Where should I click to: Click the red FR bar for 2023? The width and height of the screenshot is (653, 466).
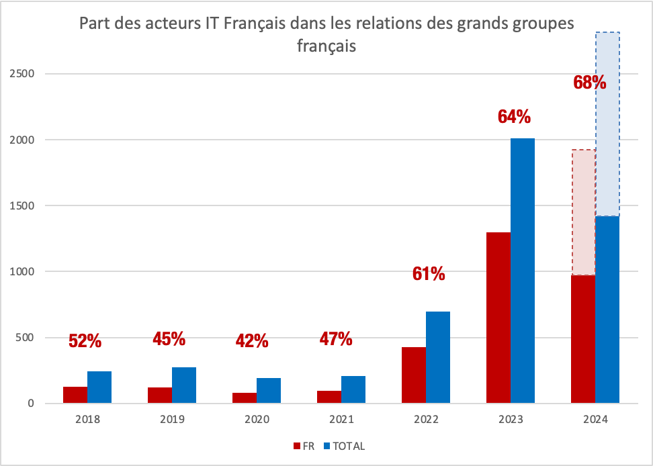pos(497,318)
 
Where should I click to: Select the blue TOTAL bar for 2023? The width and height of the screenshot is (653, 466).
pos(522,271)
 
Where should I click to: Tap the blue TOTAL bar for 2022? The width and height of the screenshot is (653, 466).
pos(437,357)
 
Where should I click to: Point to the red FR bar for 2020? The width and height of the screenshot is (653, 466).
pos(244,398)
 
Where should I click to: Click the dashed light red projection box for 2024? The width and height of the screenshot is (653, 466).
pos(582,212)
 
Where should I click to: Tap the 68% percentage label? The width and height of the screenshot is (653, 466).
pos(590,83)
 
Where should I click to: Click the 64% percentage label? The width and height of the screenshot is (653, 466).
pos(514,117)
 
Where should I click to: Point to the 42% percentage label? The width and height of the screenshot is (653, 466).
pos(252,341)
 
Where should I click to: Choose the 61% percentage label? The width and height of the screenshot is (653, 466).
pos(428,274)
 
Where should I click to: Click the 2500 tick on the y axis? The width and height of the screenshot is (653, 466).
pos(25,74)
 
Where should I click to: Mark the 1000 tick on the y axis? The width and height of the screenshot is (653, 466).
pos(25,272)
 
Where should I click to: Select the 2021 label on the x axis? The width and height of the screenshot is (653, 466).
pos(341,420)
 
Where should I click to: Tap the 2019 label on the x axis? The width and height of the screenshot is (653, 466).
pos(172,420)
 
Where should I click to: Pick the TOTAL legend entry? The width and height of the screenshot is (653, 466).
pos(345,446)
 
